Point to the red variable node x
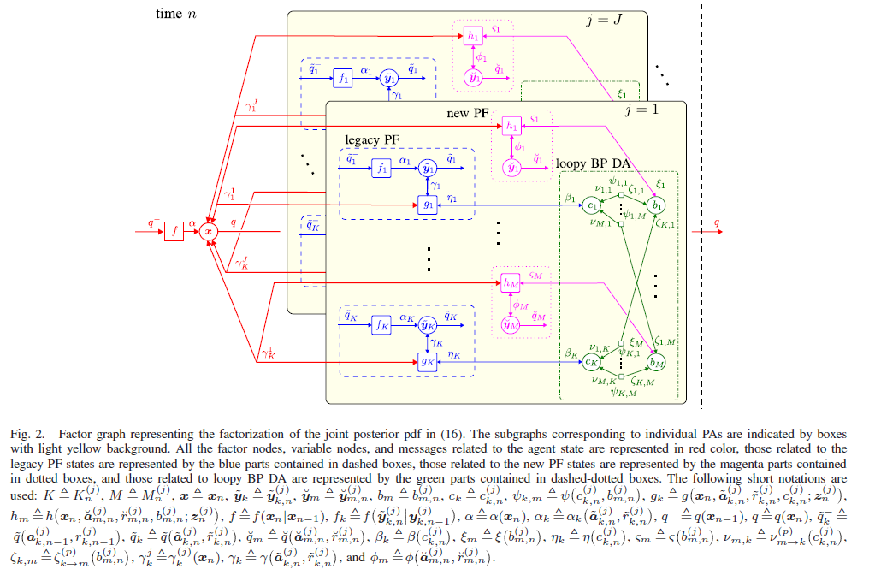click(x=209, y=231)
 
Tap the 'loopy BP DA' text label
click(x=594, y=163)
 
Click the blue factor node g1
click(x=425, y=206)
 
